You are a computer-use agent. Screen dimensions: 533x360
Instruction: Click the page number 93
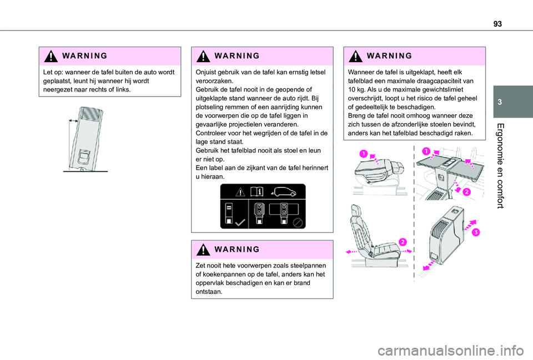tap(497, 24)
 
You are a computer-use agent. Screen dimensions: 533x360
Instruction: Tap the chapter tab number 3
tap(500, 102)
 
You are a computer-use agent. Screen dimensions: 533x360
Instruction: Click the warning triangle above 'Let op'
tap(51, 56)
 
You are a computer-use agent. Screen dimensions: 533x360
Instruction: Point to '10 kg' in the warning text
tap(356, 90)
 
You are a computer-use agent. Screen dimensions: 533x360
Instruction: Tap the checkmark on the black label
tap(240, 222)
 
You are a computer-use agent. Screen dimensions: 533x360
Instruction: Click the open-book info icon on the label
tap(257, 192)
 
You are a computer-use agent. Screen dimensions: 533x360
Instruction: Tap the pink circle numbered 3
tap(476, 232)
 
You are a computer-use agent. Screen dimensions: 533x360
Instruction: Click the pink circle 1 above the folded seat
tap(363, 154)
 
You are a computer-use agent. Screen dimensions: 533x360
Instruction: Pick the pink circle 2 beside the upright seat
tap(403, 242)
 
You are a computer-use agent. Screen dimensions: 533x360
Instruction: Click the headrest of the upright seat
tap(356, 211)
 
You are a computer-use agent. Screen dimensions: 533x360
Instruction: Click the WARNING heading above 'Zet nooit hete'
tap(237, 249)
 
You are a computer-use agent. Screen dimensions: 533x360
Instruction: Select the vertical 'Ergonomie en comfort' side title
tap(500, 166)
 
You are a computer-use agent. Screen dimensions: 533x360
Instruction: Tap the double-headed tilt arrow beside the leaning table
tap(73, 120)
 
